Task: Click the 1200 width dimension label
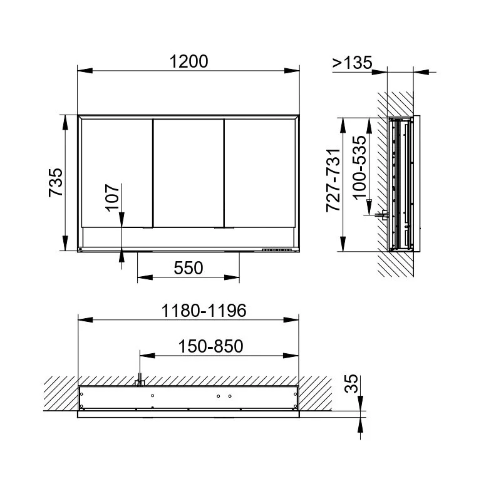(x=189, y=61)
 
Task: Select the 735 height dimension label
(x=56, y=182)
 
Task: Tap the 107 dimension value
(x=113, y=197)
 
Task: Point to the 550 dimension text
(x=189, y=268)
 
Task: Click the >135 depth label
(x=352, y=62)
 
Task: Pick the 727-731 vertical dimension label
(x=334, y=180)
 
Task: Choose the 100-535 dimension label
(x=359, y=168)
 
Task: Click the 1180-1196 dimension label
(x=204, y=311)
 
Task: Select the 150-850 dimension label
(x=210, y=346)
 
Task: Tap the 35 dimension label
(x=351, y=383)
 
